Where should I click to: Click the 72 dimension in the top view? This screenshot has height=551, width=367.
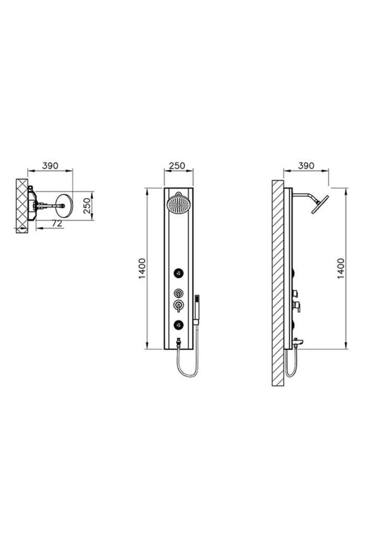(57, 223)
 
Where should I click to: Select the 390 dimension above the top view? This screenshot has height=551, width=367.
(50, 166)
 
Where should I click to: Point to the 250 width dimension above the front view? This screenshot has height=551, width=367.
(177, 166)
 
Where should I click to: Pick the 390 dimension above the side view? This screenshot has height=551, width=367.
(306, 166)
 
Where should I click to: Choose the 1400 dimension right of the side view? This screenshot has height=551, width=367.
(341, 268)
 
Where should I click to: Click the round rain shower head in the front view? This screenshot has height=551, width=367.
(178, 203)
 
